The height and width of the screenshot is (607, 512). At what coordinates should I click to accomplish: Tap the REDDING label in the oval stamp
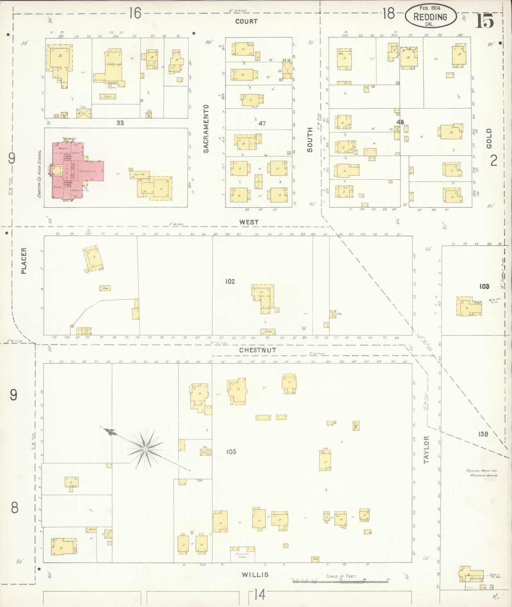point(430,17)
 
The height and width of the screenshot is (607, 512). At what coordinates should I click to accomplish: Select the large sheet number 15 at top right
point(484,22)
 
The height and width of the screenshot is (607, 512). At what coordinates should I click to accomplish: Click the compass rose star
point(145,449)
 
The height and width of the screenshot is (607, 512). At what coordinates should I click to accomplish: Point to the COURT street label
point(246,22)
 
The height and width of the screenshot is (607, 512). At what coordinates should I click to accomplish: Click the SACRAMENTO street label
point(206,129)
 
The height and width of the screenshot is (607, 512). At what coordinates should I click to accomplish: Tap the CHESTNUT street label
point(257,350)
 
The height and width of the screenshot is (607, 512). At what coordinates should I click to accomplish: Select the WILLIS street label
point(255,575)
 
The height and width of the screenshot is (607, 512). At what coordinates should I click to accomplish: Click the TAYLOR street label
point(426,450)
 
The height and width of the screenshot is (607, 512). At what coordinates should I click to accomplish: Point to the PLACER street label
point(24,261)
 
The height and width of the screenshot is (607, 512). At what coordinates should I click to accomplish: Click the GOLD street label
point(489,138)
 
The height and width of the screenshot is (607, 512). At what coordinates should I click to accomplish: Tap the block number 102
point(230,282)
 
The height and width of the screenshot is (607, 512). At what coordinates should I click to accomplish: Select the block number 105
point(231,452)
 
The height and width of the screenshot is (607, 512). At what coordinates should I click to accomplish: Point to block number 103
point(484,287)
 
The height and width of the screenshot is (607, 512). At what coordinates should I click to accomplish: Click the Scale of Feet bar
point(340,581)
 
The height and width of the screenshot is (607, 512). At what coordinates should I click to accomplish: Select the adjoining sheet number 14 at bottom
point(259,595)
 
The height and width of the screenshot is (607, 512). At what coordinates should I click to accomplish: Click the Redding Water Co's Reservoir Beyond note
point(482,473)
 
